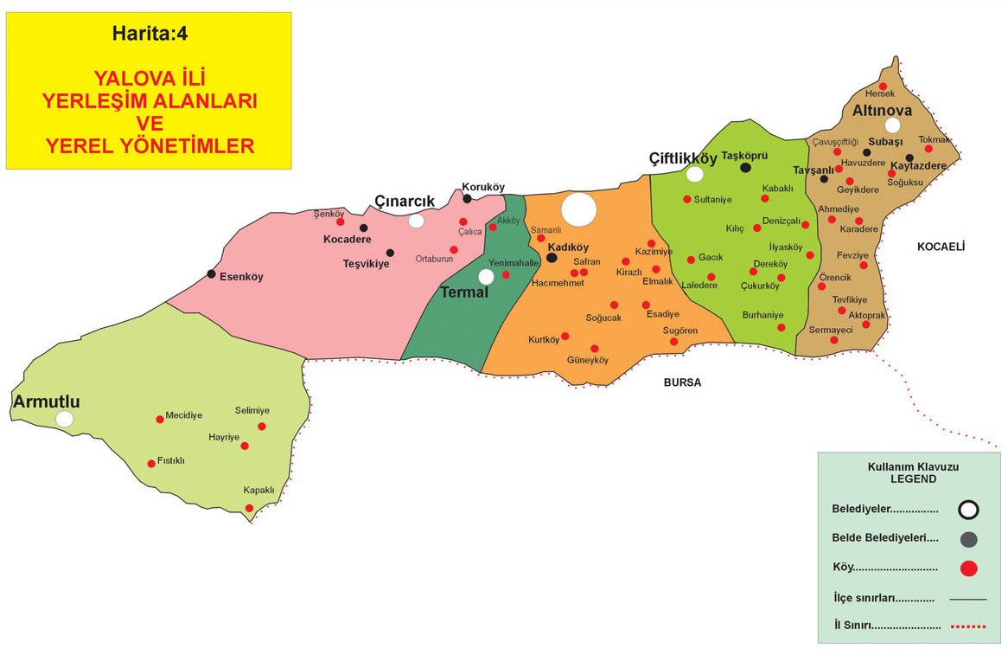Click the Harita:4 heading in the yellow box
point(149,34)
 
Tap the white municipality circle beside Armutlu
point(64,419)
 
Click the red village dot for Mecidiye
point(160,420)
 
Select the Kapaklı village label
point(258,490)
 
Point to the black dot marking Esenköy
point(211,274)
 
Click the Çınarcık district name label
point(404,202)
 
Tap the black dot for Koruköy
point(467,199)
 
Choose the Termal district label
point(464,292)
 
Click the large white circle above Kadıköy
point(578,209)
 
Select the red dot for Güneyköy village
point(595,349)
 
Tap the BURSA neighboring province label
point(682,382)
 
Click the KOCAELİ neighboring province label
point(941,247)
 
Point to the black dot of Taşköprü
point(745,168)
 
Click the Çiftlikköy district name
point(683,158)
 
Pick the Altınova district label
point(881,111)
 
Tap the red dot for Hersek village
point(883,86)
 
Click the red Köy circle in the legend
point(968,568)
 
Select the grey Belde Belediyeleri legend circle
point(968,539)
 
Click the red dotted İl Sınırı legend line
point(967,626)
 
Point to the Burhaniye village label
point(762,315)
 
